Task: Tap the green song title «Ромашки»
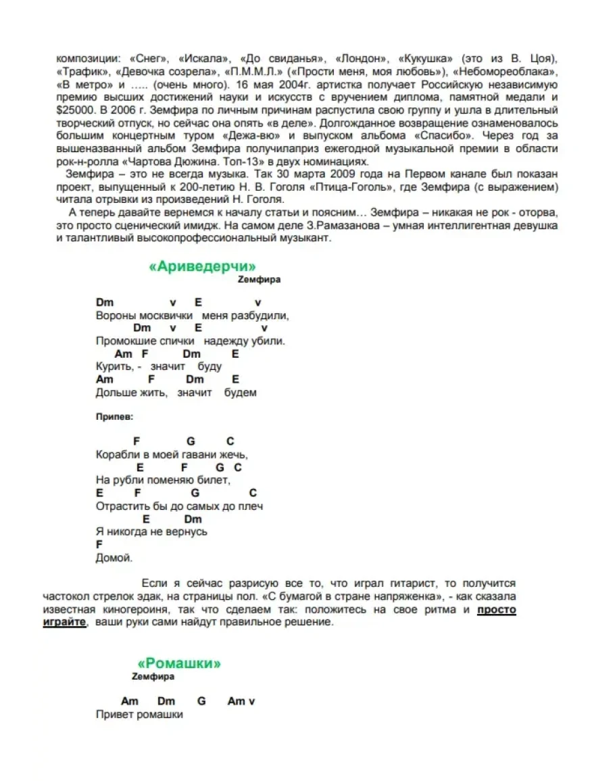tap(179, 663)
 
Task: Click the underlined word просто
tap(497, 610)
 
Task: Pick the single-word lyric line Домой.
tap(114, 558)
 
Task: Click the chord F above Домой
tap(99, 544)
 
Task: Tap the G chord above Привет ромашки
tap(201, 701)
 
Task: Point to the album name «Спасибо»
tap(437, 135)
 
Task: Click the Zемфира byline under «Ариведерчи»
tap(260, 279)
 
